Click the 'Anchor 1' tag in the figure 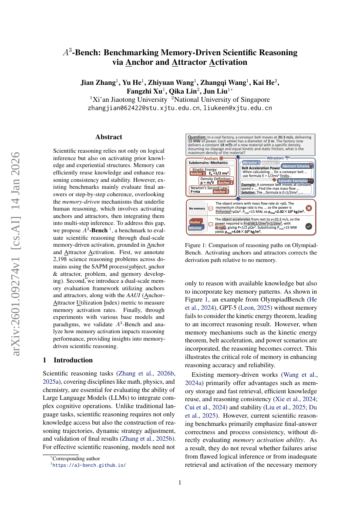(x=198, y=173)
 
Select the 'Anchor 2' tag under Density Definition (x=225, y=183)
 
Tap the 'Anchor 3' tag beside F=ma (x=220, y=191)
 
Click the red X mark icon (x=309, y=208)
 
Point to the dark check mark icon (x=309, y=226)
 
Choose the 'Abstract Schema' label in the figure (x=296, y=166)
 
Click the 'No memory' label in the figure (x=197, y=208)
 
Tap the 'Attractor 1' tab (x=251, y=162)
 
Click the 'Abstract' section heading (x=109, y=137)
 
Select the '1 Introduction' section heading (x=67, y=360)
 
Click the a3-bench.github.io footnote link (x=89, y=465)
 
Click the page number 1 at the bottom (x=180, y=482)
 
